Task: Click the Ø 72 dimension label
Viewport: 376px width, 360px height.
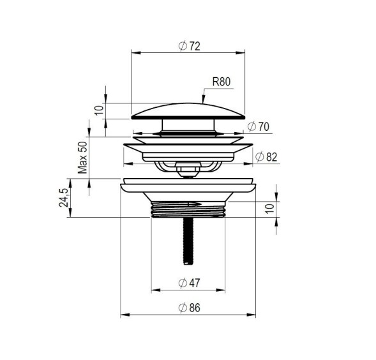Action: click(x=189, y=46)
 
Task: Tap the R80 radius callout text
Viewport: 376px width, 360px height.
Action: click(x=222, y=82)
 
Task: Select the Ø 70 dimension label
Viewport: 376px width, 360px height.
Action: click(x=259, y=126)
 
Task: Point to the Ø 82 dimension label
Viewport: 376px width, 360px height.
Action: click(x=266, y=157)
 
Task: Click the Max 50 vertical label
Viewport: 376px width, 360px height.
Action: click(x=83, y=157)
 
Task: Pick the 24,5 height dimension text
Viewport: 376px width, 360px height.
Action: click(x=64, y=198)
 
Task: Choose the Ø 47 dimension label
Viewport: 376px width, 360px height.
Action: click(x=189, y=283)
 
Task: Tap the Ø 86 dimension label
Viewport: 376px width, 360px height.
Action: click(x=189, y=308)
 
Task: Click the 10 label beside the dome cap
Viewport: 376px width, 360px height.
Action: click(x=99, y=110)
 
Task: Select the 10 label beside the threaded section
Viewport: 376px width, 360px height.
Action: click(x=270, y=208)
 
